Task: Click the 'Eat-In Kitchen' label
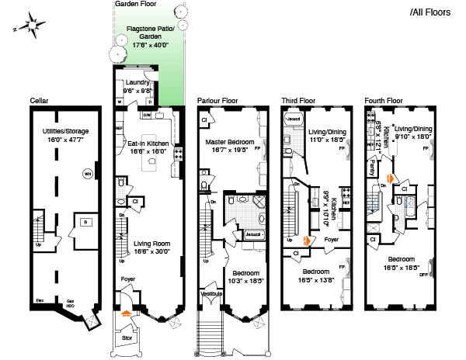point(148,148)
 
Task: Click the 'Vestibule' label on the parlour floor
point(210,294)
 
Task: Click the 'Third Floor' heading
point(298,101)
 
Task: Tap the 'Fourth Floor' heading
point(384,101)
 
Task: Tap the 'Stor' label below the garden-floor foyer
point(127,338)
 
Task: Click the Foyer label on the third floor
point(331,240)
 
